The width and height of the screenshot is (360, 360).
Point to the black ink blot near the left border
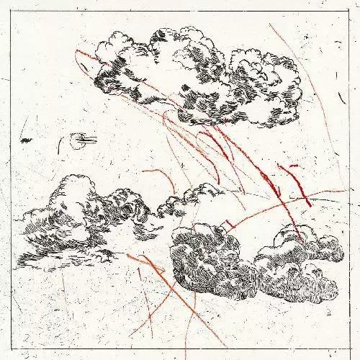coord(27,140)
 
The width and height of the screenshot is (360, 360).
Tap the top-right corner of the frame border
coord(348,11)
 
